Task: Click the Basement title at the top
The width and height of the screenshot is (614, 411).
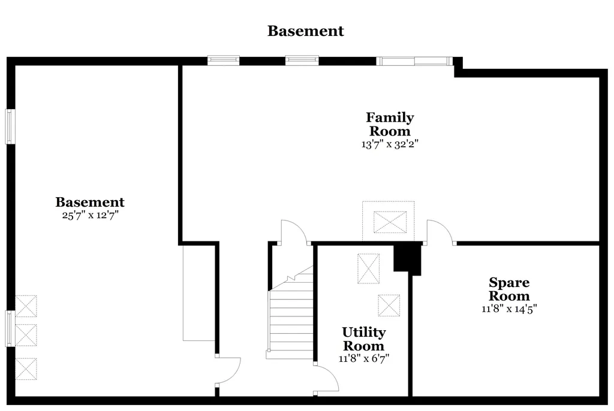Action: [305, 31]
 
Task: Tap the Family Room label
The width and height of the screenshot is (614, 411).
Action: [390, 123]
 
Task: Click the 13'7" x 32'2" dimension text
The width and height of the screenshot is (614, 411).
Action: [390, 144]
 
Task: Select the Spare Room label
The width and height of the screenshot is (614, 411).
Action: [509, 289]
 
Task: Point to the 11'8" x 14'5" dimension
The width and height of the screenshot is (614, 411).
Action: [509, 309]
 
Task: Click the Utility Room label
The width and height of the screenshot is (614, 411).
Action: [364, 339]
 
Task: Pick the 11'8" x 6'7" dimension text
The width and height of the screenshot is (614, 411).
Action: [364, 358]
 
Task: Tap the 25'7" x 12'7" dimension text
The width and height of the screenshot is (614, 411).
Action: [90, 215]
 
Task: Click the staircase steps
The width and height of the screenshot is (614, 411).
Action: [290, 313]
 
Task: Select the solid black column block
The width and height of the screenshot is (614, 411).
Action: [407, 258]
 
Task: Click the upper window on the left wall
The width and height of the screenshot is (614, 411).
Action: [10, 126]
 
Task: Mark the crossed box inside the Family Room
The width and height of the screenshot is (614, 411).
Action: [390, 222]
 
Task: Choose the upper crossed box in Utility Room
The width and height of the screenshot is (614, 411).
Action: [369, 268]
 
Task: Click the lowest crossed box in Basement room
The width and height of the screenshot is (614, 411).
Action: [26, 368]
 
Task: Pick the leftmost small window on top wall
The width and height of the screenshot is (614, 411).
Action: [223, 61]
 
